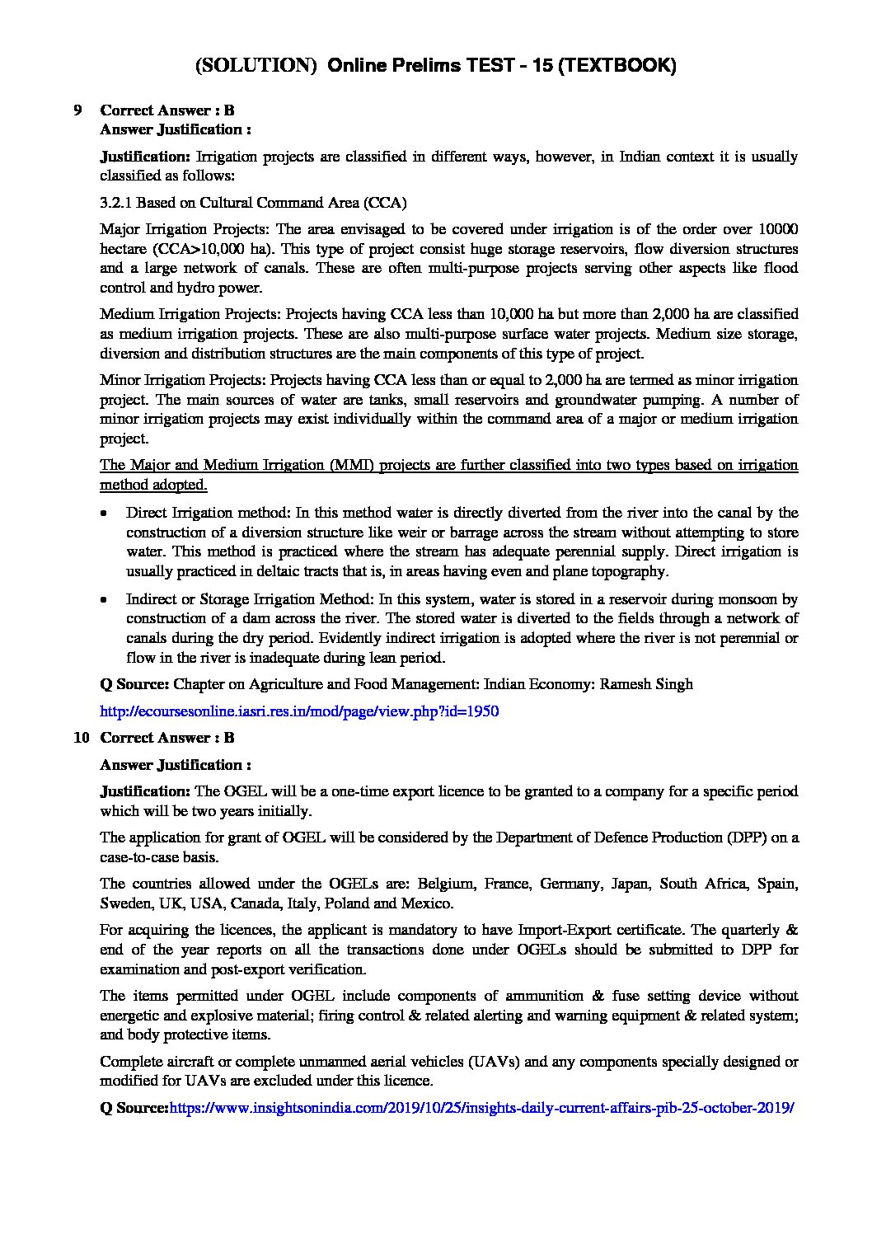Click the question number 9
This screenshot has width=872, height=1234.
[77, 110]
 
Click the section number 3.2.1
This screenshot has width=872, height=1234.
[115, 203]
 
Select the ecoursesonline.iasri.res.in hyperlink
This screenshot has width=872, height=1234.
[299, 711]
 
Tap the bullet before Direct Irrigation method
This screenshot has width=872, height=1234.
[103, 514]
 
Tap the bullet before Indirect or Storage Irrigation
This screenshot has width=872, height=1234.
[103, 599]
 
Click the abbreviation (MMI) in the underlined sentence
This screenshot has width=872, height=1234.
[352, 465]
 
